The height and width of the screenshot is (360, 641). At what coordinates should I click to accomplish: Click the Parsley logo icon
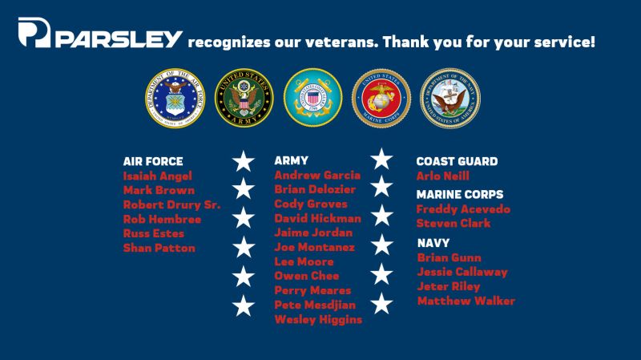coord(34,34)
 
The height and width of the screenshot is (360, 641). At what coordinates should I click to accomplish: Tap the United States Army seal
coord(240,97)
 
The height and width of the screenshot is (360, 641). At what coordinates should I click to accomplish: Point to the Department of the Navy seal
coord(450,97)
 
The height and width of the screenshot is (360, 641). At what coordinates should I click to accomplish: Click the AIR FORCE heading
coord(153,161)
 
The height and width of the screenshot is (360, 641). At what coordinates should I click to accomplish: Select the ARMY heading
coord(291,160)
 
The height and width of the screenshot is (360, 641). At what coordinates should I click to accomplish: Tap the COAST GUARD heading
coord(457,161)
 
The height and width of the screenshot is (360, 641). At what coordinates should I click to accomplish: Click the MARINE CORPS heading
coord(460,194)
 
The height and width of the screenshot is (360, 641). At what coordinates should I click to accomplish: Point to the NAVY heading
coord(433,242)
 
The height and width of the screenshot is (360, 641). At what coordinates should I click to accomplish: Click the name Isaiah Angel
coord(157,176)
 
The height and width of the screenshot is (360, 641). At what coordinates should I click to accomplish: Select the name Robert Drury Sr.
coord(171,205)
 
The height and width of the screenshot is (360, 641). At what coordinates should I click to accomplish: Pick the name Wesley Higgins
coord(318,319)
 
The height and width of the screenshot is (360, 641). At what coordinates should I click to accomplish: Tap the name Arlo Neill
coord(443,176)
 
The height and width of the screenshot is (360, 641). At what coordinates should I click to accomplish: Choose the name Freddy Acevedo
coord(463,209)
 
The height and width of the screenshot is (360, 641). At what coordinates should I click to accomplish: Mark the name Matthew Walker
coord(466,301)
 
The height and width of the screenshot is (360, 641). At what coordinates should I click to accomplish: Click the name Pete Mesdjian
coord(315,305)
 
